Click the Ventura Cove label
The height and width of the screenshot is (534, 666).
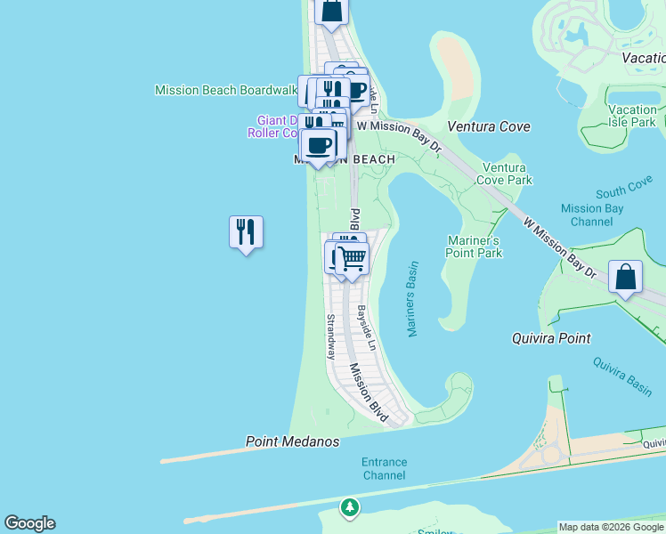point(488,126)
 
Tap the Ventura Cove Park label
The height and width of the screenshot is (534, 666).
point(506,174)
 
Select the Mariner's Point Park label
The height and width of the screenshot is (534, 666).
point(474,247)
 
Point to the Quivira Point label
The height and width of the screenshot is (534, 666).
point(551,338)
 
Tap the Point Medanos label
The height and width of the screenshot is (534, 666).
point(292,441)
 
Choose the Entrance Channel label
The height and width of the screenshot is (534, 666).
point(384,468)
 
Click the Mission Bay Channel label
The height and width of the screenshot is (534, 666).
point(592,214)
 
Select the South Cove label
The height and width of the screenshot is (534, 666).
point(624,191)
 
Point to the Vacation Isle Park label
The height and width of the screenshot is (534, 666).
point(632,116)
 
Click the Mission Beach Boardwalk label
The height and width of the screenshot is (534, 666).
point(225,90)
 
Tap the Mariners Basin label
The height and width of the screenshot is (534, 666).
point(412,299)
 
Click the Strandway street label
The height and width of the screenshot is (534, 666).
point(330,336)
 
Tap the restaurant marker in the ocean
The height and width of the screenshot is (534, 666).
point(246,232)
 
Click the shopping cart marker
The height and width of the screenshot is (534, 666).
point(353,258)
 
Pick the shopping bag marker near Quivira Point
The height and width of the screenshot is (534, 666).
point(626,277)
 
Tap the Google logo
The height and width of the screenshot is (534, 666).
point(29,523)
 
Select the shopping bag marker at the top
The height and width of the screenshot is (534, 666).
point(331,10)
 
